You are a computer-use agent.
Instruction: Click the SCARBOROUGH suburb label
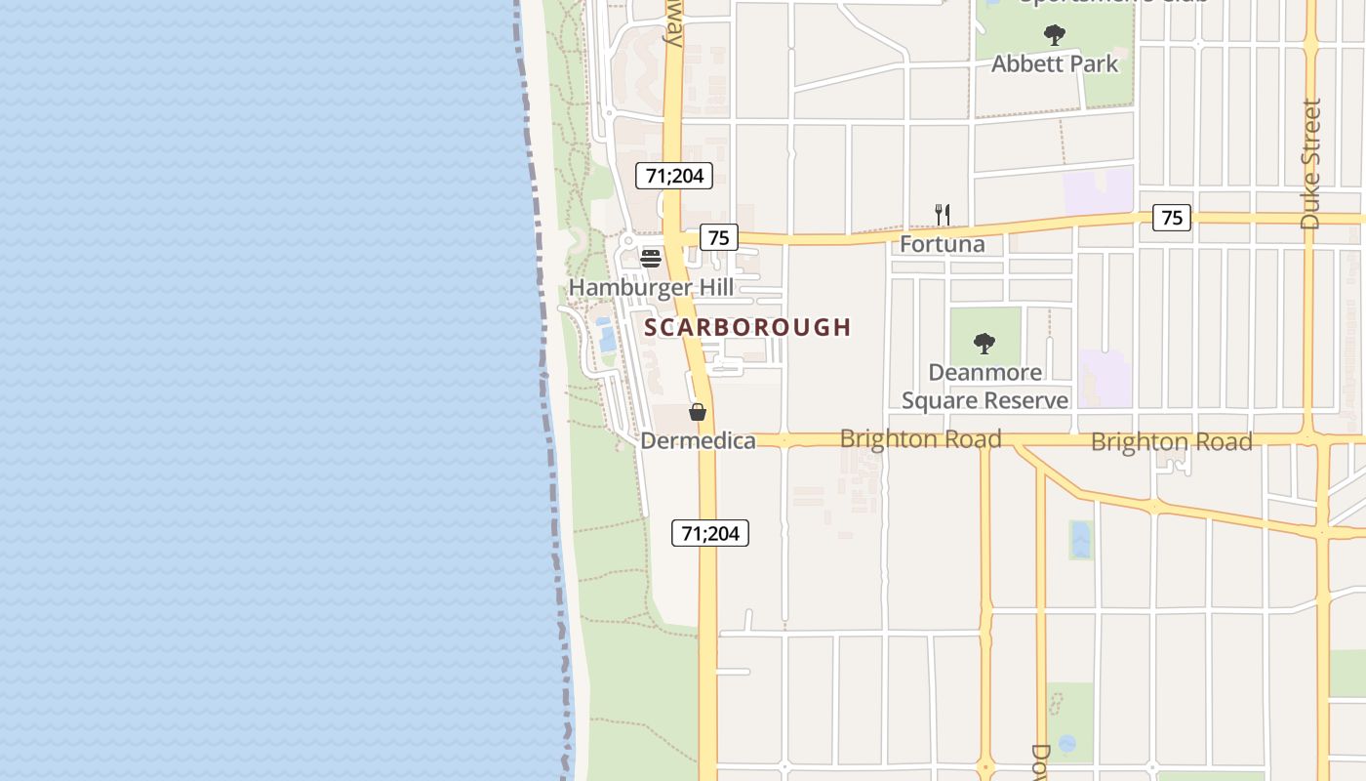point(747,327)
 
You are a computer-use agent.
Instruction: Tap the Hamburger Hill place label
point(651,287)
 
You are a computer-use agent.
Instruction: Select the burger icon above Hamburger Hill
point(651,258)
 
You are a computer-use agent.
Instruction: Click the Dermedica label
point(698,441)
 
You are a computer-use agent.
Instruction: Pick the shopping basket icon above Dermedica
point(698,412)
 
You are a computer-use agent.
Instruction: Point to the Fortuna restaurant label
point(942,244)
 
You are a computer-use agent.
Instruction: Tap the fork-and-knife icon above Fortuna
point(943,215)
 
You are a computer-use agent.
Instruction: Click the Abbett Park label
point(1055,64)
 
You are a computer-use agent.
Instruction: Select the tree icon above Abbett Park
point(1055,36)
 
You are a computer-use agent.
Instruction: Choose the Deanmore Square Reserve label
point(984,387)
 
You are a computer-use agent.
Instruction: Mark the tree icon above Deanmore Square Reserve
point(984,344)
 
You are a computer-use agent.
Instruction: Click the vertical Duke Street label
point(1310,164)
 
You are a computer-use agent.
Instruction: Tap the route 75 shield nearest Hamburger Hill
point(718,237)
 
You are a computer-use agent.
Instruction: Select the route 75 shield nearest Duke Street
point(1172,218)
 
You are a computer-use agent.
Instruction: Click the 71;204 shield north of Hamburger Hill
point(674,176)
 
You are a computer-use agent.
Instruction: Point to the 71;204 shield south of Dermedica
point(710,533)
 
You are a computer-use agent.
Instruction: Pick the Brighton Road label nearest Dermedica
point(920,439)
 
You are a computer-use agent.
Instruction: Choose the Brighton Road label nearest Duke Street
point(1171,442)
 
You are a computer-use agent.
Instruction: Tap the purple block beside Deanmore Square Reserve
point(1105,379)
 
